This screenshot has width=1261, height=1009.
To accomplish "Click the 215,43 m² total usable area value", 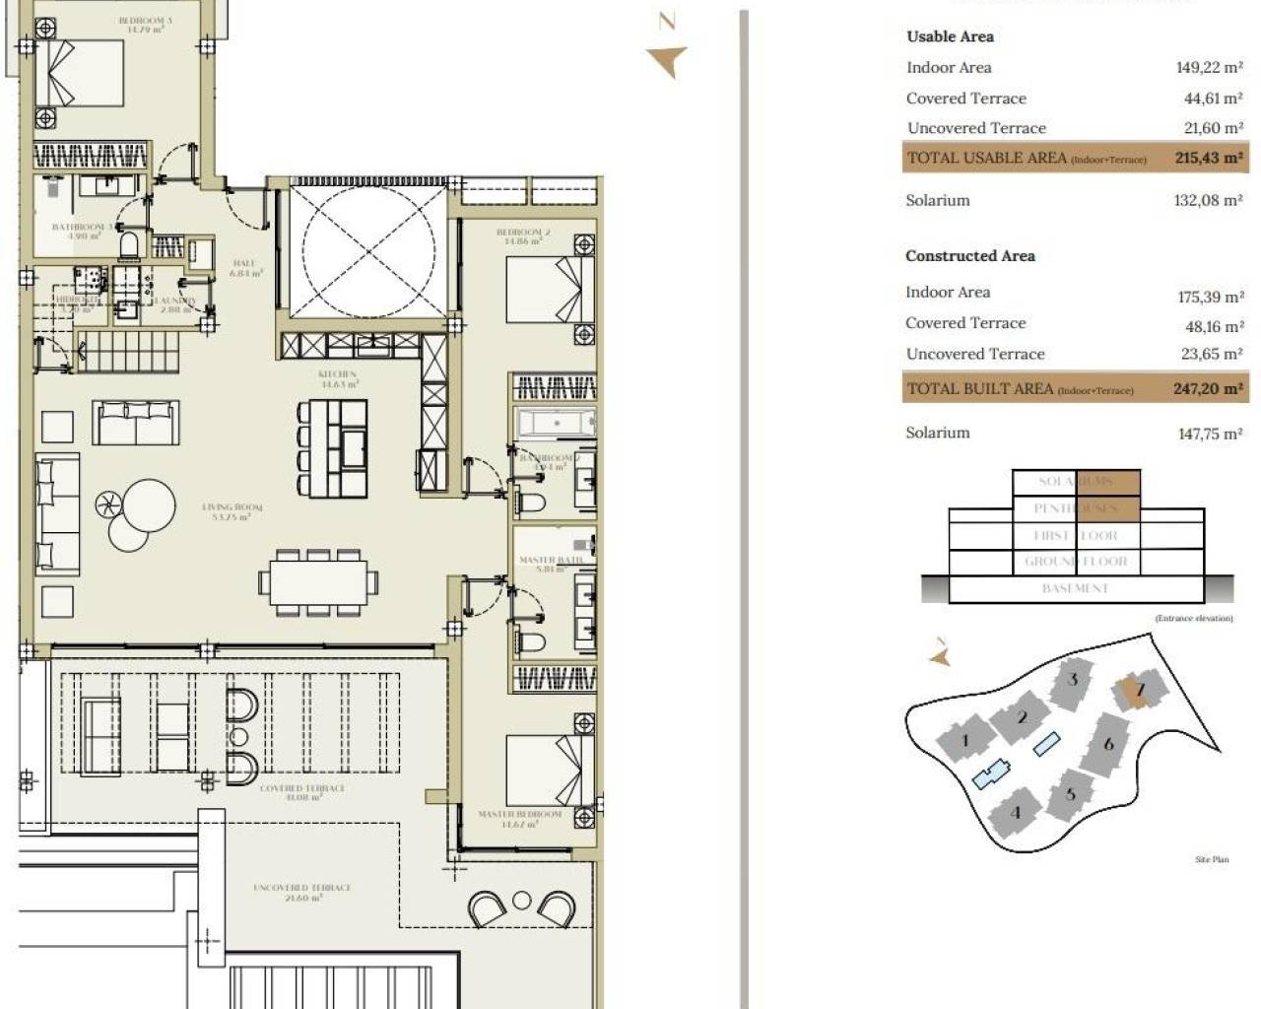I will pyautogui.click(x=1208, y=158).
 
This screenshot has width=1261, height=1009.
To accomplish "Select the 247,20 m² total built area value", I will pyautogui.click(x=1208, y=389).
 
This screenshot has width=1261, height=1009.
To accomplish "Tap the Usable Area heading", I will pyautogui.click(x=950, y=36).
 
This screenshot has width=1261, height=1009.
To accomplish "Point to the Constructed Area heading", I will pyautogui.click(x=969, y=256).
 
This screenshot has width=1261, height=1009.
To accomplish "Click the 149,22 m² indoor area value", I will pyautogui.click(x=1209, y=68).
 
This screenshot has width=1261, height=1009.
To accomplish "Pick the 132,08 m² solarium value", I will pyautogui.click(x=1209, y=200).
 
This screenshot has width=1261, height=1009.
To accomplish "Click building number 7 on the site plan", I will pyautogui.click(x=1140, y=690).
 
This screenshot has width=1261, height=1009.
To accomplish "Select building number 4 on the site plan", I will pyautogui.click(x=1016, y=813).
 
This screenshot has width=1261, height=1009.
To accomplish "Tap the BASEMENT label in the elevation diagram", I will pyautogui.click(x=1075, y=588).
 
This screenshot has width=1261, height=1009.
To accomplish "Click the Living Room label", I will pyautogui.click(x=232, y=511).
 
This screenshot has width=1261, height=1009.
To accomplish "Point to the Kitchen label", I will pyautogui.click(x=337, y=378).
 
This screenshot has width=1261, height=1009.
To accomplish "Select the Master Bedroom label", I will pyautogui.click(x=519, y=819).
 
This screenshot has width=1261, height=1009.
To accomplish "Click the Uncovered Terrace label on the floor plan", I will pyautogui.click(x=301, y=892).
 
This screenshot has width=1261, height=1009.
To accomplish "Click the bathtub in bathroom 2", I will pyautogui.click(x=555, y=424).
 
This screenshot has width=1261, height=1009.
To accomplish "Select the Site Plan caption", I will pyautogui.click(x=1212, y=859).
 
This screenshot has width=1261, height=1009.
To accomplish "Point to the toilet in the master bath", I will pyautogui.click(x=531, y=642).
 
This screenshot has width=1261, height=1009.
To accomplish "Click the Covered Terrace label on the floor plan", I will pyautogui.click(x=301, y=792).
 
